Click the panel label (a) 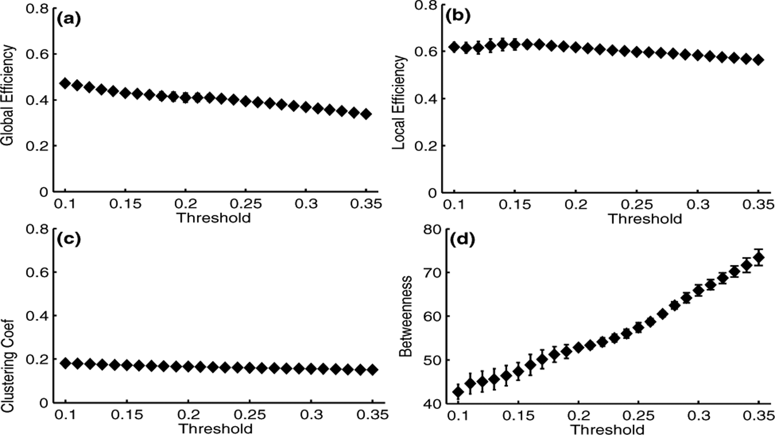point(69,19)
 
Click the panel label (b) point(457,17)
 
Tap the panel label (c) point(69,239)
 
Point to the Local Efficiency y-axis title point(399,102)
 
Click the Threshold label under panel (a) point(214,218)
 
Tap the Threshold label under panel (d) point(607,429)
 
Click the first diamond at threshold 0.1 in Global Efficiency point(65,83)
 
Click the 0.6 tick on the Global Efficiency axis point(37,54)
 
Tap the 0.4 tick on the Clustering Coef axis point(37,316)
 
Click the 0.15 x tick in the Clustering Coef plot point(127,414)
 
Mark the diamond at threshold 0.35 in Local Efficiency point(758,60)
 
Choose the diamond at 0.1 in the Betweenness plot point(458,391)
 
